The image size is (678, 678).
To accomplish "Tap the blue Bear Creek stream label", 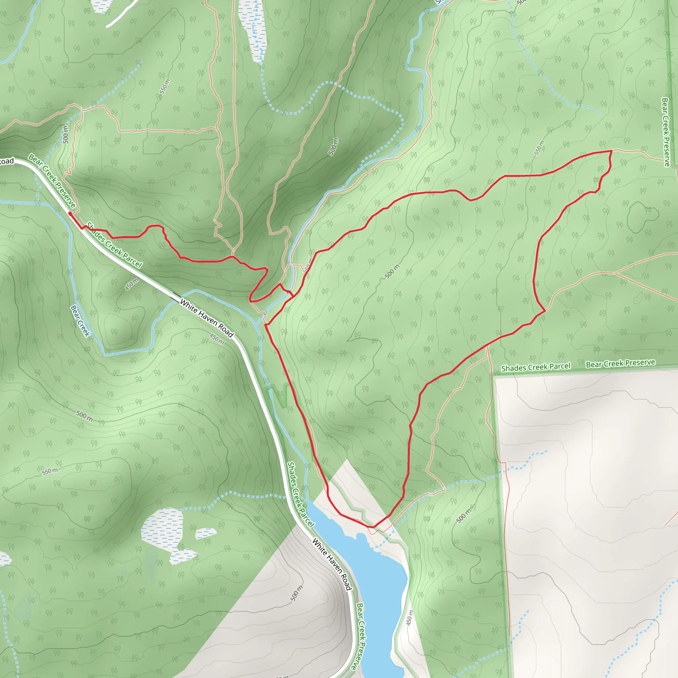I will pos(80,321).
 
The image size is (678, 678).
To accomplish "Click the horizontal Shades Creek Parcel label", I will pos(536,367).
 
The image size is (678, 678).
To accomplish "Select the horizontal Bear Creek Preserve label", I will pos(620,363).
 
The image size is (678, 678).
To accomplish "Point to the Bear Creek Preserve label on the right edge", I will pos(665,132).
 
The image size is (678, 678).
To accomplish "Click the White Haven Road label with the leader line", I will pos(207,318).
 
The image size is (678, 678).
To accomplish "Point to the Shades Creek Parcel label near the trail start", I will pos(115,245).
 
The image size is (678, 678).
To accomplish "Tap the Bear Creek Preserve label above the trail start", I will pos(52,181).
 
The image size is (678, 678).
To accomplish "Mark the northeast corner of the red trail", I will pos(611,151).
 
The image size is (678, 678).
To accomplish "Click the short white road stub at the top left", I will pos(121,14).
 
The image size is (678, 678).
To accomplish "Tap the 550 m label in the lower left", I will pos(50,471).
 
